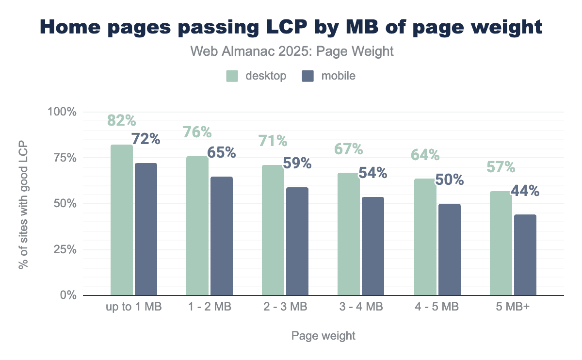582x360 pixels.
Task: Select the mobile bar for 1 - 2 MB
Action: tap(222, 236)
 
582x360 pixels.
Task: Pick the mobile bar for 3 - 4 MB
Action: tap(373, 246)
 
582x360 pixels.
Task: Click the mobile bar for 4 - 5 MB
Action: tap(449, 249)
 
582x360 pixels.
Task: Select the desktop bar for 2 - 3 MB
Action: tap(273, 230)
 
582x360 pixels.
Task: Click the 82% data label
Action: tap(122, 121)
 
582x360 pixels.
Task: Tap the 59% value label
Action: tap(297, 163)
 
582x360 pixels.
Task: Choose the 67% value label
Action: tap(349, 148)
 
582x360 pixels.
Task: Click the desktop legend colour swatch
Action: tap(232, 76)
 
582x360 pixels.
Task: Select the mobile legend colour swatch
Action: tap(308, 76)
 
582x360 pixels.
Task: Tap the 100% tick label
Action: tap(62, 112)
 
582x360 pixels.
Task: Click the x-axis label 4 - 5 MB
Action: tap(437, 307)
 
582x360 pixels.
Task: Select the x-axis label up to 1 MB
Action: tap(133, 307)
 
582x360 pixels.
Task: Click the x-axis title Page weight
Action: tap(323, 336)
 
